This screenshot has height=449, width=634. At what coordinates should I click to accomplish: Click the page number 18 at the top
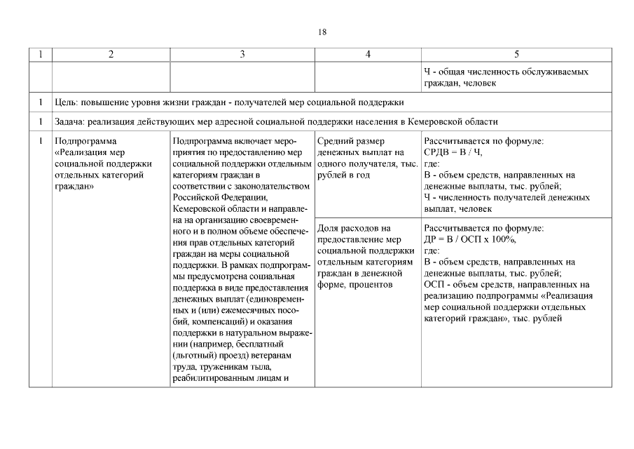pyautogui.click(x=322, y=32)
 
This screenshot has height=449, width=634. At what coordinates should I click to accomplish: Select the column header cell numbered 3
pyautogui.click(x=242, y=55)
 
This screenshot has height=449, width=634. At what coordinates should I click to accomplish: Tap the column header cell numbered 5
pyautogui.click(x=516, y=55)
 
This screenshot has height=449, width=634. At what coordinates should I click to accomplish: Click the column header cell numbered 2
pyautogui.click(x=111, y=55)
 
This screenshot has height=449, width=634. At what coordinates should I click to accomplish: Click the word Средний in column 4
pyautogui.click(x=335, y=141)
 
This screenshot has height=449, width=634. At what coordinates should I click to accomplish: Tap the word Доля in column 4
pyautogui.click(x=329, y=229)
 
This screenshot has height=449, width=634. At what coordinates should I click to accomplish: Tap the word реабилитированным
pyautogui.click(x=212, y=378)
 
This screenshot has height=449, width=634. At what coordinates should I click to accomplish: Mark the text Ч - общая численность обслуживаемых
pyautogui.click(x=506, y=72)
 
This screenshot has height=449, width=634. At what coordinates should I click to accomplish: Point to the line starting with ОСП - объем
pyautogui.click(x=506, y=284)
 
